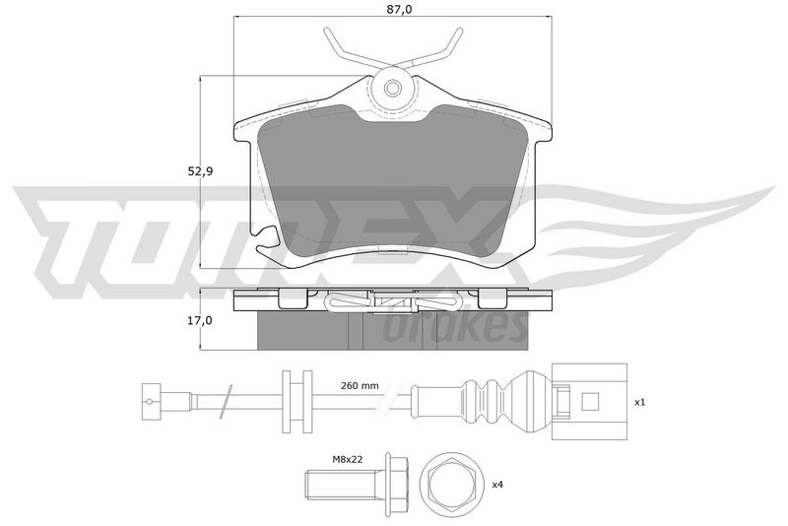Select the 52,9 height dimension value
pyautogui.click(x=201, y=171)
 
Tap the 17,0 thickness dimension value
pyautogui.click(x=201, y=320)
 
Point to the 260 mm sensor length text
pyautogui.click(x=360, y=386)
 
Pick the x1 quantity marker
pyautogui.click(x=639, y=403)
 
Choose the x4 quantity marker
pyautogui.click(x=497, y=485)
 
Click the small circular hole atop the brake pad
pyautogui.click(x=392, y=89)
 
